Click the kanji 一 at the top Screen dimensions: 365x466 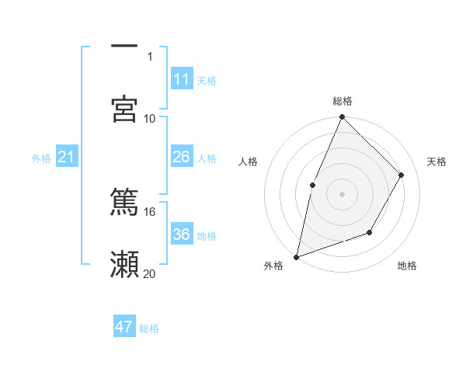tap(124, 47)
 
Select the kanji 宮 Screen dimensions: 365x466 tap(124, 108)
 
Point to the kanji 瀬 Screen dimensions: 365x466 tap(124, 264)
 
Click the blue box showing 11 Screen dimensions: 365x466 tap(182, 79)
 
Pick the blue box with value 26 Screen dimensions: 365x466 tap(182, 157)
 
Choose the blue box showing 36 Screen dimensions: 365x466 tap(182, 235)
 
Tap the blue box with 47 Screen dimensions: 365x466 tap(124, 327)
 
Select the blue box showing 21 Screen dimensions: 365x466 tap(67, 158)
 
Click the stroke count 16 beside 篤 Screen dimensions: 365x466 tap(150, 211)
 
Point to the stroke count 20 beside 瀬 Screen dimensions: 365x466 tap(150, 273)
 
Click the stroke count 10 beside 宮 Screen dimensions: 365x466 tap(150, 118)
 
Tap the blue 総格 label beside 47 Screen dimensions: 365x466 tap(149, 328)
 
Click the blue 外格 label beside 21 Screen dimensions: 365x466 tap(41, 158)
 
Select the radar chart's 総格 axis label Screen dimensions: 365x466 tap(343, 101)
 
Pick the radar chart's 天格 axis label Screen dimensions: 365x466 tap(437, 162)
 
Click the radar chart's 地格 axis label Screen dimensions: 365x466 tap(407, 266)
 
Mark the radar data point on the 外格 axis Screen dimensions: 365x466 tap(296, 256)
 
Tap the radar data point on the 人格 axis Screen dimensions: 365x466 tap(312, 185)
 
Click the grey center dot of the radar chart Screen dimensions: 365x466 tap(342, 194)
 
